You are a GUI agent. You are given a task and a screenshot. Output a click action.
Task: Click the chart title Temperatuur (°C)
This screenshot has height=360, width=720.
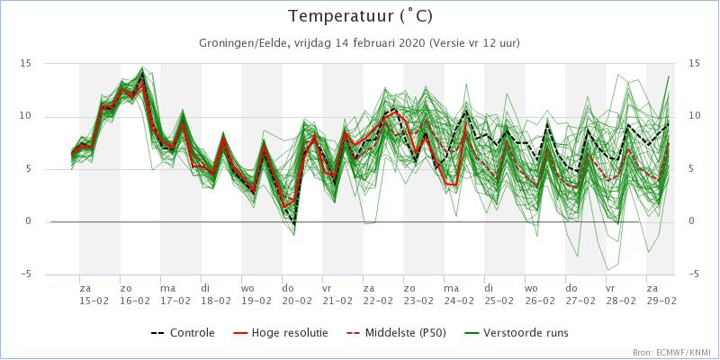[x=360, y=17]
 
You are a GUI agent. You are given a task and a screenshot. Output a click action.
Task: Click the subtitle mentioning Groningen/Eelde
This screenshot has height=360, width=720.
[x=360, y=43]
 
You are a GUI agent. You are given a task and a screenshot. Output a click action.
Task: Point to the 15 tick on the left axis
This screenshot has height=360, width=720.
[x=25, y=64]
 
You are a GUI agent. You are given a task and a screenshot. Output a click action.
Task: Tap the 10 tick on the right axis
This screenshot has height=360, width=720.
[x=694, y=116]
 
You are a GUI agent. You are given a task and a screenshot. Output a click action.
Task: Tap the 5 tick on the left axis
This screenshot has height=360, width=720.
[x=28, y=169]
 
